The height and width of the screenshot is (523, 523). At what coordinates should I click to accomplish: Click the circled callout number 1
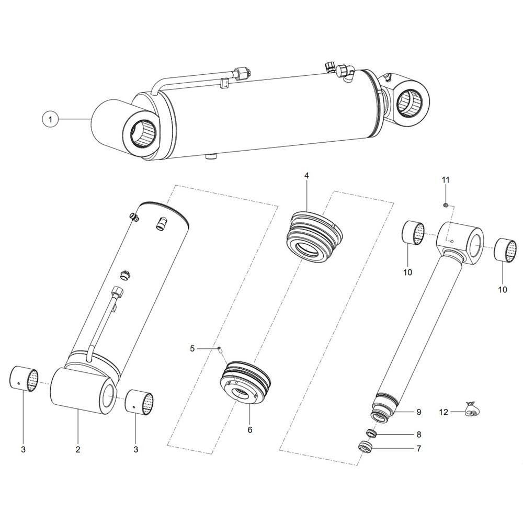(x=50, y=119)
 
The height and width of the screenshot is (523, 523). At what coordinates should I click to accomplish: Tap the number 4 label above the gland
(x=306, y=176)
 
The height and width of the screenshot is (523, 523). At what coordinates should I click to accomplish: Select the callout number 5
(x=192, y=349)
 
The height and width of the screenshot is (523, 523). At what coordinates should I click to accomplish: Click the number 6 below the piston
(x=250, y=430)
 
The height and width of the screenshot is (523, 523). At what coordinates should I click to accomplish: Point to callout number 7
(x=419, y=448)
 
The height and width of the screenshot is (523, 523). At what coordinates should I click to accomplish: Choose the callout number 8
(x=419, y=435)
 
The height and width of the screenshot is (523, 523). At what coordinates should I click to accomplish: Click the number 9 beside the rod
(x=419, y=412)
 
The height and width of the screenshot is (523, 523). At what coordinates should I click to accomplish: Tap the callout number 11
(x=446, y=180)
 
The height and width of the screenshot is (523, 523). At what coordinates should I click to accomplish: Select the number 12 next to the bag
(x=444, y=412)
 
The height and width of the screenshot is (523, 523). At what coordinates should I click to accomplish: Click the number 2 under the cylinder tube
(x=78, y=450)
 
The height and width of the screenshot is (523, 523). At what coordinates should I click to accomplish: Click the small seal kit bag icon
(x=472, y=410)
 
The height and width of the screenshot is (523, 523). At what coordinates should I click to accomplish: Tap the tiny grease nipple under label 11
(x=445, y=205)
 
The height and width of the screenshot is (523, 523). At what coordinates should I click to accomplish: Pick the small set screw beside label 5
(x=220, y=349)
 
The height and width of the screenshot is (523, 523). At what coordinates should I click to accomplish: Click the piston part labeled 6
(x=245, y=383)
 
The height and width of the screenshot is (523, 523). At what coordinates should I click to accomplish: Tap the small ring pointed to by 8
(x=371, y=434)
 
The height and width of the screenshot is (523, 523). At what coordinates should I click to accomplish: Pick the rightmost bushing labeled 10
(x=505, y=250)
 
